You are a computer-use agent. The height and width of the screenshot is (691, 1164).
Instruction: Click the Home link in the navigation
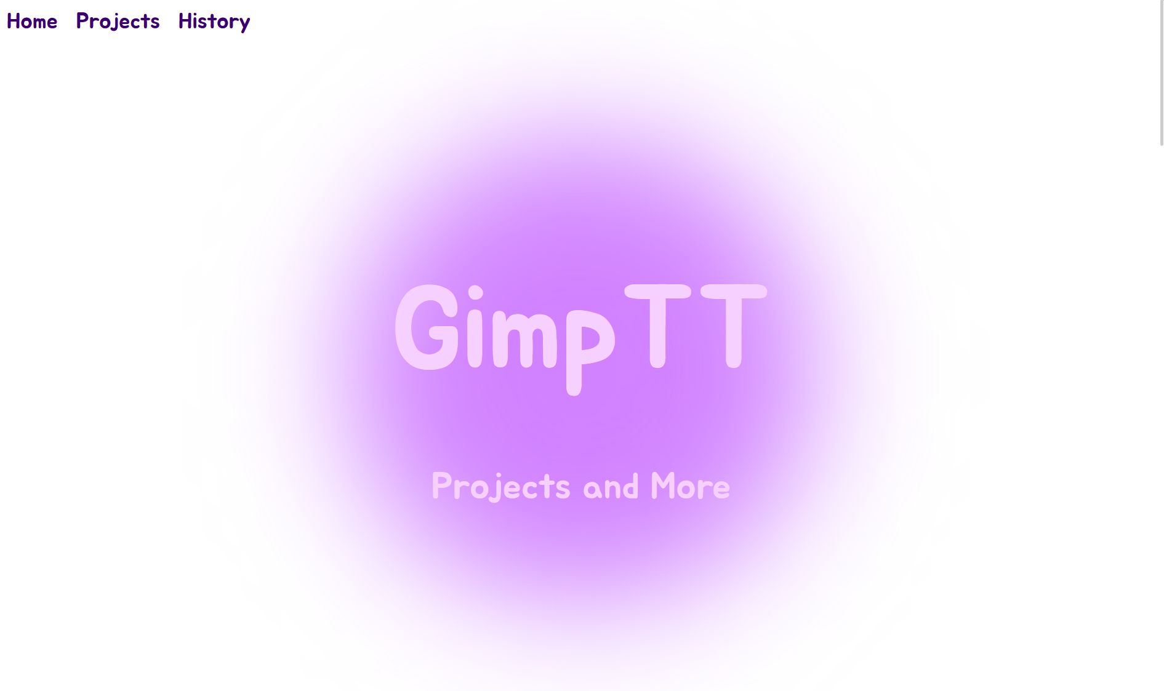coord(32,21)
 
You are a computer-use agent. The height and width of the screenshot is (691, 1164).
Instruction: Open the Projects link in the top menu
coord(118,22)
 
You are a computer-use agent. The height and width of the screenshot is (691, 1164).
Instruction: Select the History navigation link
coord(214,22)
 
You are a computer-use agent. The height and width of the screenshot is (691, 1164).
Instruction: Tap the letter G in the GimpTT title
coord(427,327)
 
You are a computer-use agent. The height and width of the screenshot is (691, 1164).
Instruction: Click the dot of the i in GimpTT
coord(475,292)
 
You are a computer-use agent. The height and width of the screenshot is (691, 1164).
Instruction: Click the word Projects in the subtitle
coord(501,487)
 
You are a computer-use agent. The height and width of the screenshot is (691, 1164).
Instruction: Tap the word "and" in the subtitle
coord(611,487)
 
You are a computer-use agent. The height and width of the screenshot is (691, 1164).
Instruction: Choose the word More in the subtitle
coord(690,486)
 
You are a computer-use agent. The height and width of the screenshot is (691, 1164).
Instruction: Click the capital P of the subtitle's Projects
coord(442,485)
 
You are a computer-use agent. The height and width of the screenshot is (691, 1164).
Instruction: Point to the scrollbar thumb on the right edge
coord(1162,73)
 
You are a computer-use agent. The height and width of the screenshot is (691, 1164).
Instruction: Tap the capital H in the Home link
coord(14,21)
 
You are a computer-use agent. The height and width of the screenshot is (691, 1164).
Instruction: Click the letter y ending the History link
coord(244,25)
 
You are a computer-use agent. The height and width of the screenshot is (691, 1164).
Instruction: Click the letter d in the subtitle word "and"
coord(630,487)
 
